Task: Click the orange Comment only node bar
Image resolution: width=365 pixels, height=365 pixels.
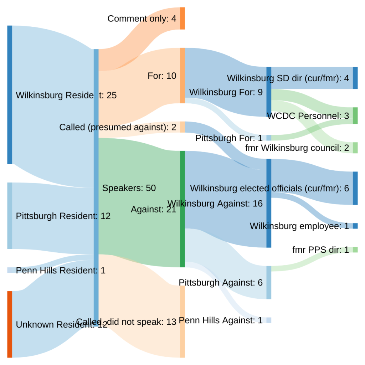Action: [182, 18]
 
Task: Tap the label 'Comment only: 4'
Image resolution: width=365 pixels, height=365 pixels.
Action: [142, 19]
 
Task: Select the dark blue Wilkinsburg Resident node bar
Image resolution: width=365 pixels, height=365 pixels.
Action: [10, 95]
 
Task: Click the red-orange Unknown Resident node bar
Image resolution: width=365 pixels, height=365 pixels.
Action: [10, 324]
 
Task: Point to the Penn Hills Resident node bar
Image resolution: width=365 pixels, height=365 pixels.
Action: [10, 270]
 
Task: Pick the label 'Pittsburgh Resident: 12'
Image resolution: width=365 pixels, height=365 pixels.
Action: [63, 216]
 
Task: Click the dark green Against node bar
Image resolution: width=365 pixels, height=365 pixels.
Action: [182, 209]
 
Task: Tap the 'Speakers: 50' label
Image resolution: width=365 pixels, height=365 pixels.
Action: [129, 188]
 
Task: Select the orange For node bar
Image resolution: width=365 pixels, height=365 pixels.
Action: [182, 76]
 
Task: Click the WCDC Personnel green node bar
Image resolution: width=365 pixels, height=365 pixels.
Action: [355, 115]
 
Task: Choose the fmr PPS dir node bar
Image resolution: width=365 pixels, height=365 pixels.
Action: [355, 250]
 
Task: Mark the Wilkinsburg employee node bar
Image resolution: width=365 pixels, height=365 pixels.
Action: [355, 226]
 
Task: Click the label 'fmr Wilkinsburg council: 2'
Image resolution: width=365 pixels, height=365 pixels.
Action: [297, 148]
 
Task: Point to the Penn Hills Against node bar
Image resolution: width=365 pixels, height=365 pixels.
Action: [269, 320]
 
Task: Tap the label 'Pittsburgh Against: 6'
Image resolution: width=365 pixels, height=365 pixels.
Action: [221, 283]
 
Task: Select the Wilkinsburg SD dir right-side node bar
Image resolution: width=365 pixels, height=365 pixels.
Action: [355, 78]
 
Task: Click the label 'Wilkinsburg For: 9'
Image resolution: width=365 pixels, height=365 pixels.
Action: [226, 92]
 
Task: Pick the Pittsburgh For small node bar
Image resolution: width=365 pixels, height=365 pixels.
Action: [269, 138]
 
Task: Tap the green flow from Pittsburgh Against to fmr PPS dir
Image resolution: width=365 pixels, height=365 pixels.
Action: [310, 259]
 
